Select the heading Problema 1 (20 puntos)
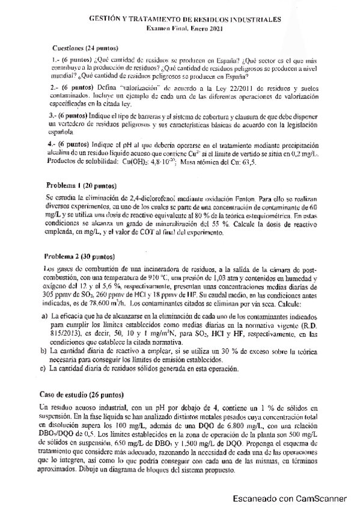(x=81, y=185)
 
